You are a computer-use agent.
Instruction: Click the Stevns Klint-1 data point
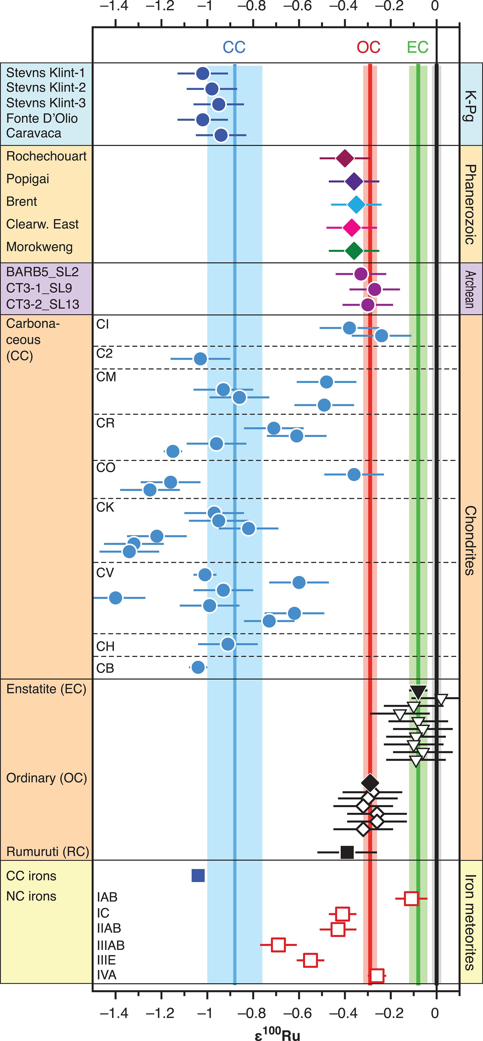pyautogui.click(x=203, y=74)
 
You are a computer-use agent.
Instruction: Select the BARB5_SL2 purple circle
pyautogui.click(x=361, y=274)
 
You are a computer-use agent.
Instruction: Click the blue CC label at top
pyautogui.click(x=234, y=47)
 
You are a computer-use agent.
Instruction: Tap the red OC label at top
pyautogui.click(x=368, y=47)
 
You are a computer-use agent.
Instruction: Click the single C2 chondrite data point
pyautogui.click(x=200, y=359)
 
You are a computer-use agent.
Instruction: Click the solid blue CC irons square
pyautogui.click(x=198, y=875)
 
